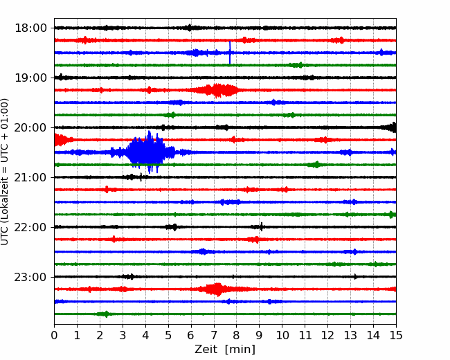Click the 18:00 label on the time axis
pyautogui.click(x=30, y=28)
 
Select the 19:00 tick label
pyautogui.click(x=30, y=78)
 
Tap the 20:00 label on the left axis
pyautogui.click(x=30, y=127)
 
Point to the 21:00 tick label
pyautogui.click(x=30, y=177)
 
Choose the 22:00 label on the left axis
pyautogui.click(x=30, y=227)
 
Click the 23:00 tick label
pyautogui.click(x=30, y=277)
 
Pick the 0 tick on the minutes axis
pyautogui.click(x=54, y=335)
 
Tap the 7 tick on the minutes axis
pyautogui.click(x=214, y=335)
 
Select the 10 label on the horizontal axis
pyautogui.click(x=282, y=335)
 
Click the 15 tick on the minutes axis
pyautogui.click(x=396, y=335)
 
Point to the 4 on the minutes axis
pyautogui.click(x=145, y=335)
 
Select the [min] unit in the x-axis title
pyautogui.click(x=240, y=350)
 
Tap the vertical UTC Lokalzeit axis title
pyautogui.click(x=5, y=172)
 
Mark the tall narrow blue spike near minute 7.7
pyautogui.click(x=230, y=53)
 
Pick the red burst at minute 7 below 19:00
pyautogui.click(x=217, y=90)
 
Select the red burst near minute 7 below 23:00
pyautogui.click(x=216, y=289)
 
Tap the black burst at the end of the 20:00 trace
pyautogui.click(x=390, y=127)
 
